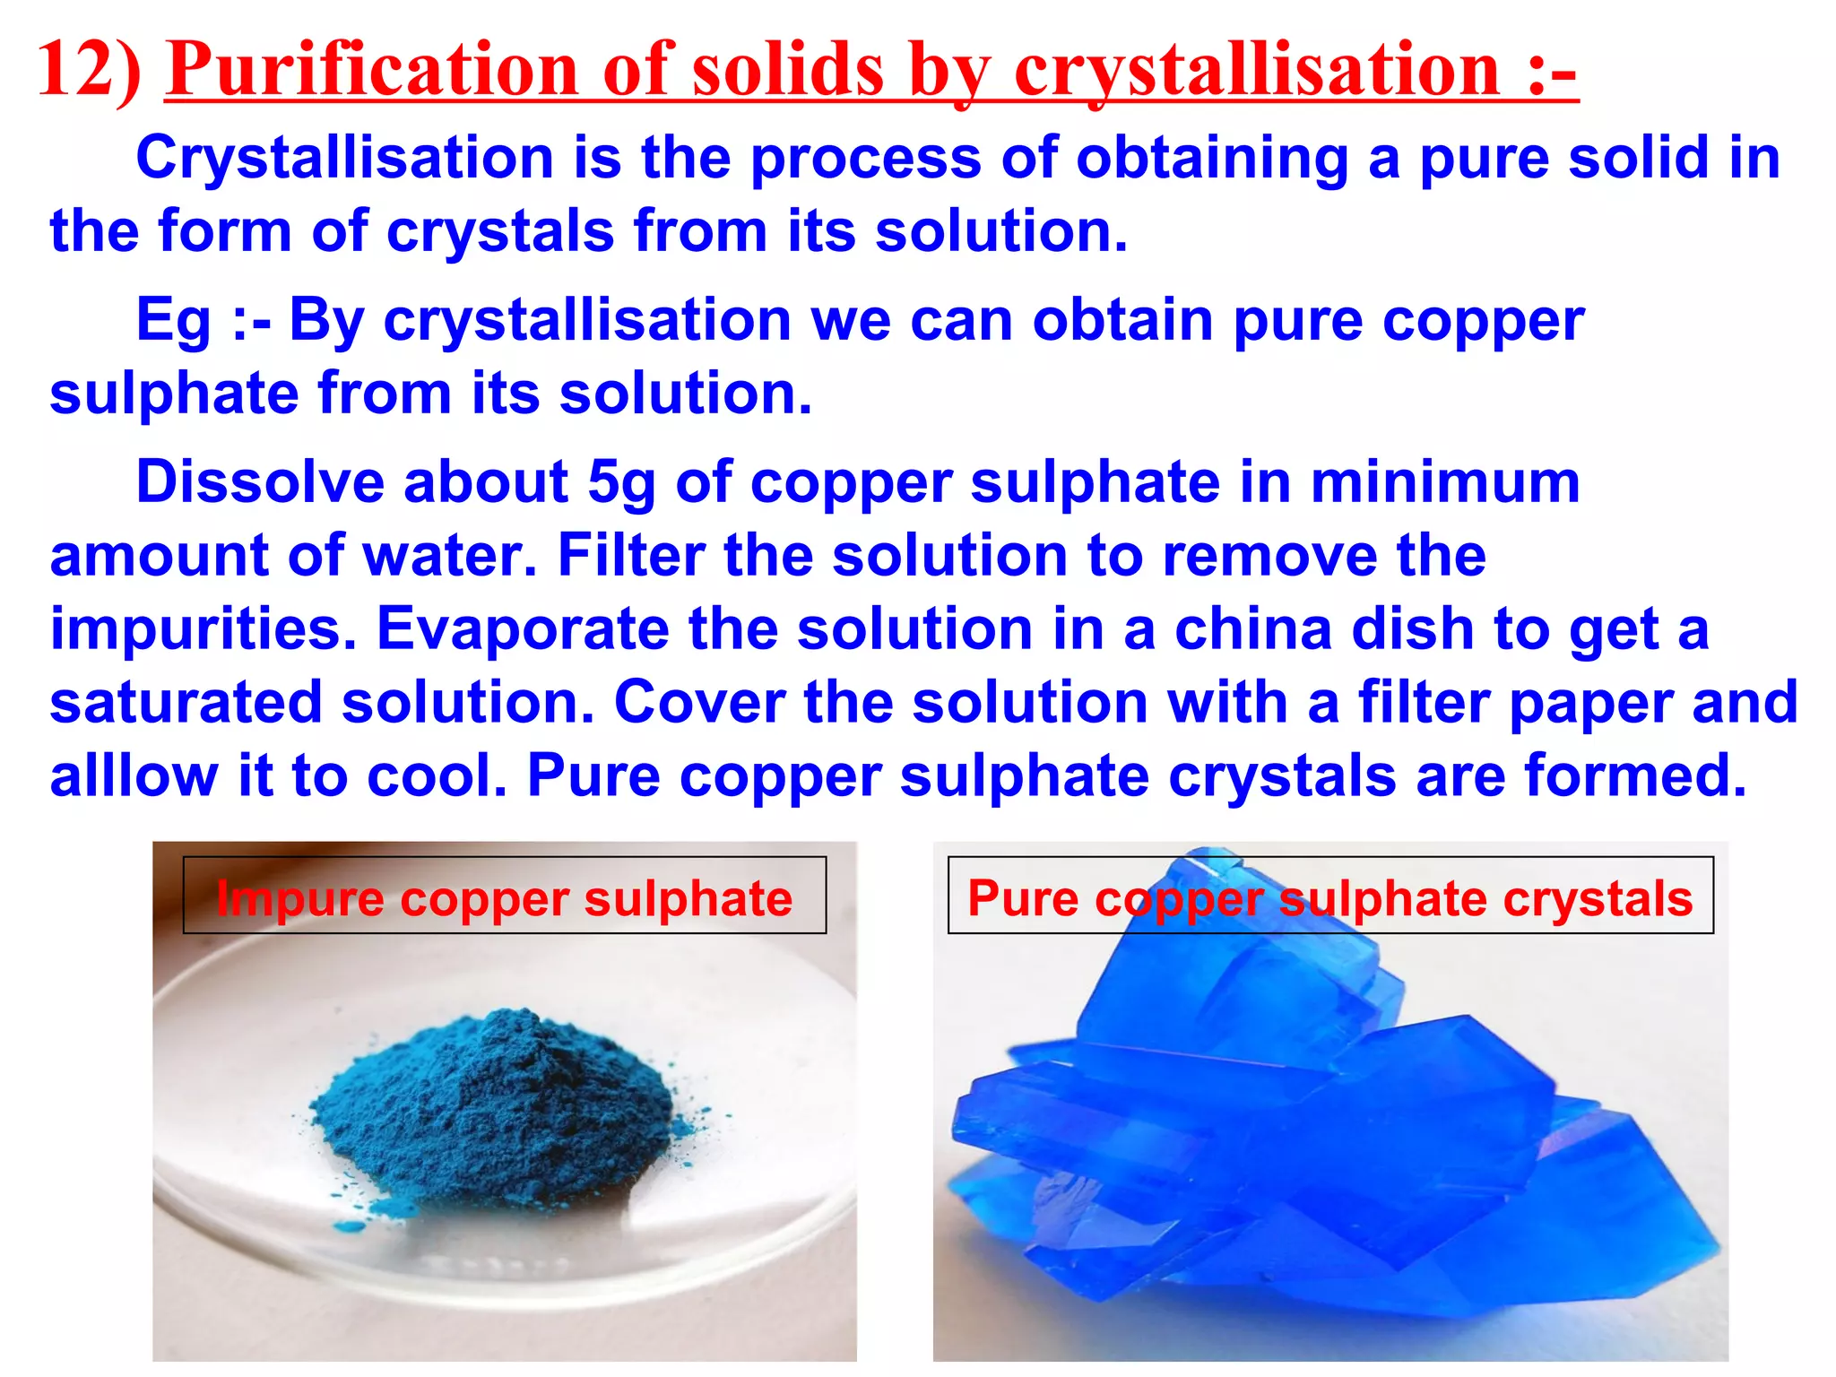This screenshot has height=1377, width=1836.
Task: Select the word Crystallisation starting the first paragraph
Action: tap(344, 159)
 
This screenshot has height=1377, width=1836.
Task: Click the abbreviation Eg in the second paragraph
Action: tap(174, 322)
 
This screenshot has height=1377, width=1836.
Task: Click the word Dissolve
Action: tap(260, 482)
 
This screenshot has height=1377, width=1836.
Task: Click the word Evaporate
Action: tap(523, 629)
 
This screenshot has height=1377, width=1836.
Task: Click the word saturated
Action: tap(185, 703)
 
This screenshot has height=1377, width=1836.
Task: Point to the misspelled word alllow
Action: tap(134, 775)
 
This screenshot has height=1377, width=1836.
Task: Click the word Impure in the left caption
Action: tap(299, 899)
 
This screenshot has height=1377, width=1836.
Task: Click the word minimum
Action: tap(1445, 484)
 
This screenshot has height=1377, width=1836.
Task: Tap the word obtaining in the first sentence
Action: tap(1212, 159)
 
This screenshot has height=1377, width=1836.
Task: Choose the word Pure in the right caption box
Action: tap(1023, 899)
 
